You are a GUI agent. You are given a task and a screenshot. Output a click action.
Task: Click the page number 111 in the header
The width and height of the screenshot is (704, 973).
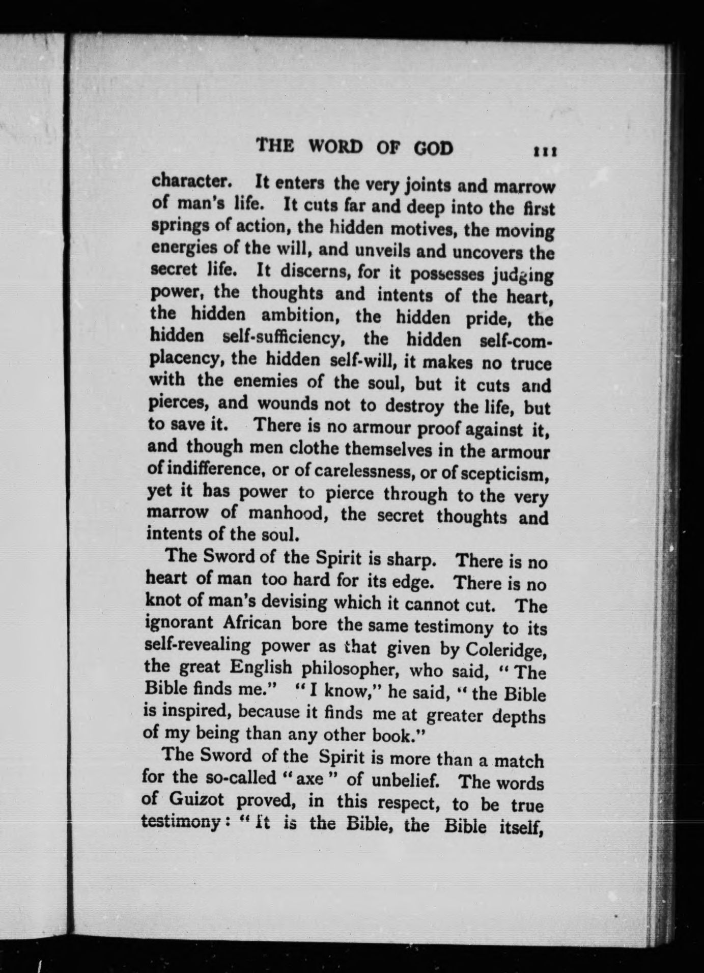[x=544, y=151]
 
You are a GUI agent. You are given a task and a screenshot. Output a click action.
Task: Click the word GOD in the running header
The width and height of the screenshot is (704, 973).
[x=432, y=148]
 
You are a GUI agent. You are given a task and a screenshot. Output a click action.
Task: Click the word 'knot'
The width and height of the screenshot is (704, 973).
[x=161, y=600]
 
